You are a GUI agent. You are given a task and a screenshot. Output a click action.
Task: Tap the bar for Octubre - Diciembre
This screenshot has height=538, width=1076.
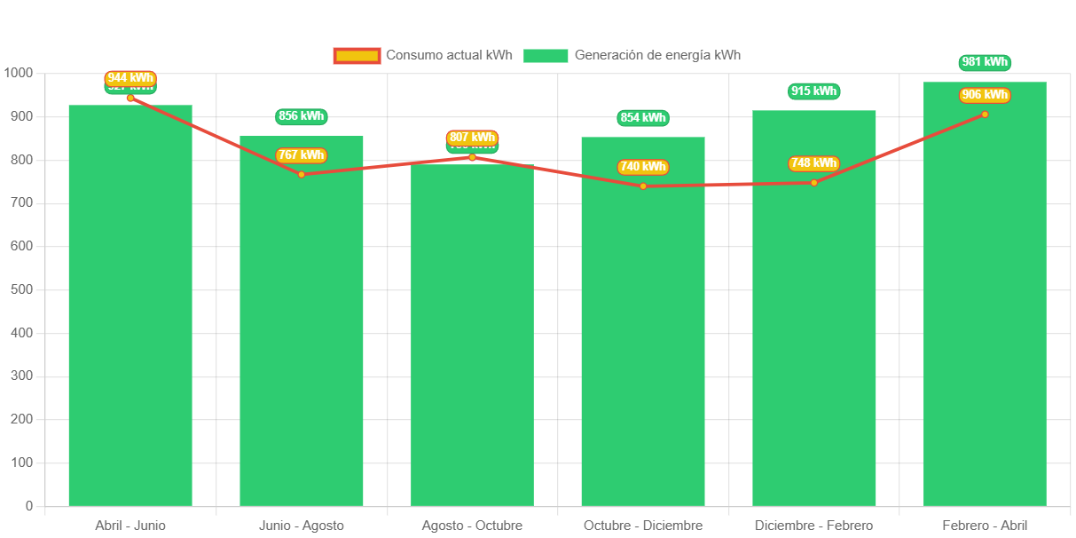643,337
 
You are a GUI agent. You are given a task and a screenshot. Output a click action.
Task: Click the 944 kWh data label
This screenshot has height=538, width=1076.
130,77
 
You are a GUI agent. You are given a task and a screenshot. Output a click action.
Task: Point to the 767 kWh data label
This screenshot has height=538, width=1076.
302,154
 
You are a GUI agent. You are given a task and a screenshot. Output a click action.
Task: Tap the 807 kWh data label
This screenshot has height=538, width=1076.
472,138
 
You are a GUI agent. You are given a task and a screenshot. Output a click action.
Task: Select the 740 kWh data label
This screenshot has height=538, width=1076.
643,166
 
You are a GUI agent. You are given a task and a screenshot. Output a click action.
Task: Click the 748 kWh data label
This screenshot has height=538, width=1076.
814,162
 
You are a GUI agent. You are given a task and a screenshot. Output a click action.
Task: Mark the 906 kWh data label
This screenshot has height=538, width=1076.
985,95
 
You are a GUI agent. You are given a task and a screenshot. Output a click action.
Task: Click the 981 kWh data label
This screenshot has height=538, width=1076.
985,62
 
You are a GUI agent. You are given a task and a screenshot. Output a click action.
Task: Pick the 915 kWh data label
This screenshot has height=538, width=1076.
814,91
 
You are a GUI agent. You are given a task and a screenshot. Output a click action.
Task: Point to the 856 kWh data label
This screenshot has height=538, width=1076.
302,116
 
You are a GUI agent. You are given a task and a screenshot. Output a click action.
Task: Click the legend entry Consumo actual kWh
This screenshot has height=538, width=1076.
423,55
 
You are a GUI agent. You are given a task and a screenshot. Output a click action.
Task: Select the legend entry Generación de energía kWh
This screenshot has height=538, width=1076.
632,55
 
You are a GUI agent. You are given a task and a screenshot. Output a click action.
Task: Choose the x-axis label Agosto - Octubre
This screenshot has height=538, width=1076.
472,526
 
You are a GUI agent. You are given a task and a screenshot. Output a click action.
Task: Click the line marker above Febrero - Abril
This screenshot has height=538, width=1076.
985,115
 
